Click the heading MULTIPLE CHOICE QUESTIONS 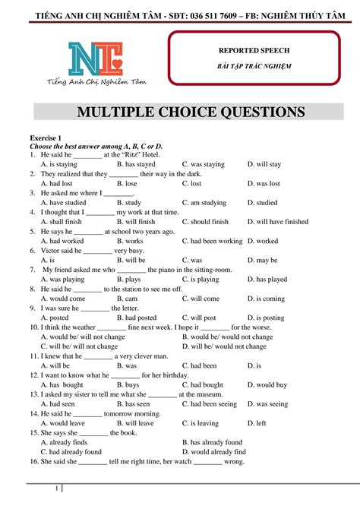pos(191,113)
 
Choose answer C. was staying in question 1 pos(204,164)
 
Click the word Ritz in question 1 pos(132,154)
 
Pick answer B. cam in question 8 pos(131,299)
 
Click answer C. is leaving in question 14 pos(204,423)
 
